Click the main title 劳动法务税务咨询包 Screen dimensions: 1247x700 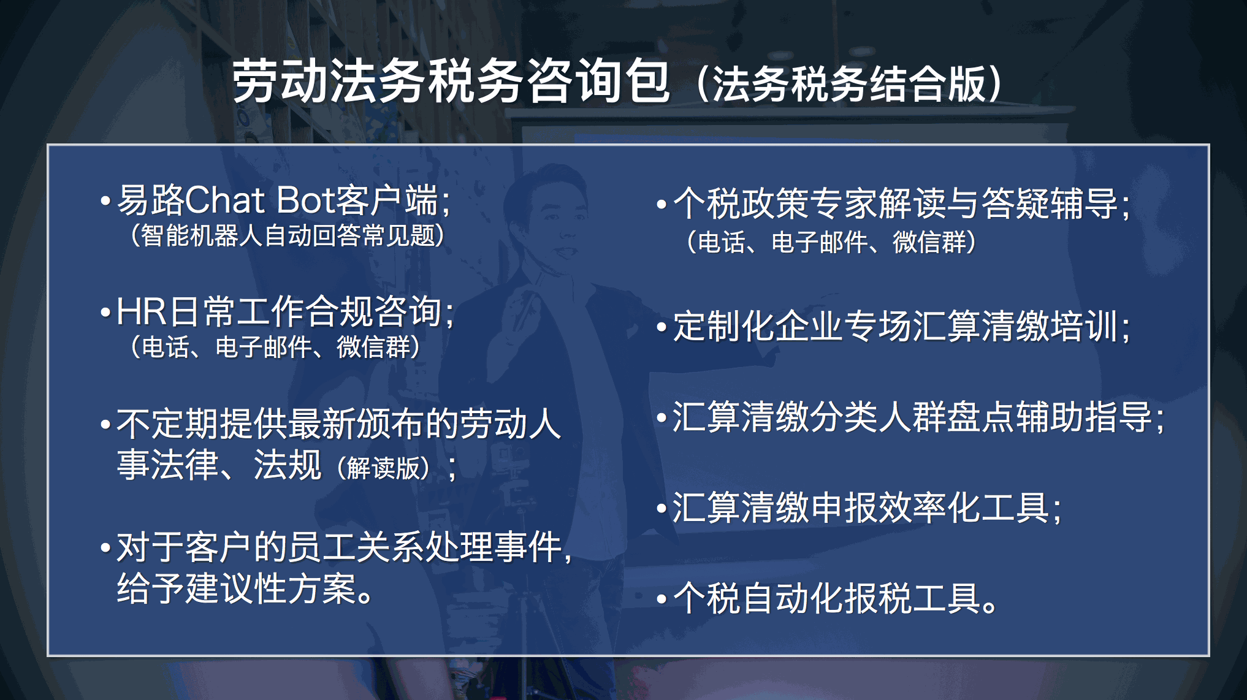[451, 82]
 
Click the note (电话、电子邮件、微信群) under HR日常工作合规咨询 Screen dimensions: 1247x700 [275, 347]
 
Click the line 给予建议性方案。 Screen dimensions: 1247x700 [245, 588]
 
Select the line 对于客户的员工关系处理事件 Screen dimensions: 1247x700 [340, 547]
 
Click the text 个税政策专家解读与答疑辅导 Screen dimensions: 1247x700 [896, 203]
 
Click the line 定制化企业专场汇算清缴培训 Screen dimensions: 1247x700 [896, 325]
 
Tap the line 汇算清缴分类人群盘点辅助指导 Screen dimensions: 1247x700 [913, 417]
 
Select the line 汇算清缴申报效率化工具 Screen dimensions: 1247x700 [861, 508]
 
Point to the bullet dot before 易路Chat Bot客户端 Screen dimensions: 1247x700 [105, 201]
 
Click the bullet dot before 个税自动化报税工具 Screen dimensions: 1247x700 [662, 599]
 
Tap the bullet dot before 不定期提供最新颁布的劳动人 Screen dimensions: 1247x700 [105, 425]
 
